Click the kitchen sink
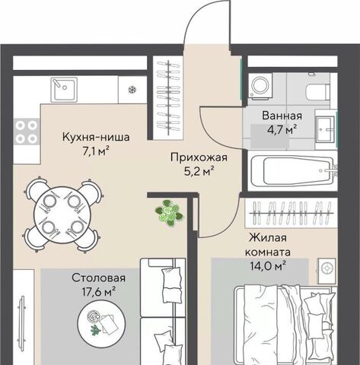click(x=64, y=90)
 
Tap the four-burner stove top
click(x=27, y=132)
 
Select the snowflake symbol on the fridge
click(x=132, y=90)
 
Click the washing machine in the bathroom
click(x=260, y=86)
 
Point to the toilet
click(x=317, y=92)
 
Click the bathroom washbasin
click(x=326, y=129)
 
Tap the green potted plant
click(x=169, y=213)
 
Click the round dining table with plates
click(x=64, y=215)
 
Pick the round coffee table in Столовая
click(x=101, y=324)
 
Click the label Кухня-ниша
click(x=96, y=137)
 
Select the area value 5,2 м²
click(x=199, y=172)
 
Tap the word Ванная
click(x=282, y=116)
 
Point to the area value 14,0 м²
click(x=268, y=266)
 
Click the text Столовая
click(x=99, y=278)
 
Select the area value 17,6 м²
click(x=98, y=292)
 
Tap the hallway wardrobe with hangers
click(x=168, y=97)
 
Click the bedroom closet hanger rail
click(x=292, y=213)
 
